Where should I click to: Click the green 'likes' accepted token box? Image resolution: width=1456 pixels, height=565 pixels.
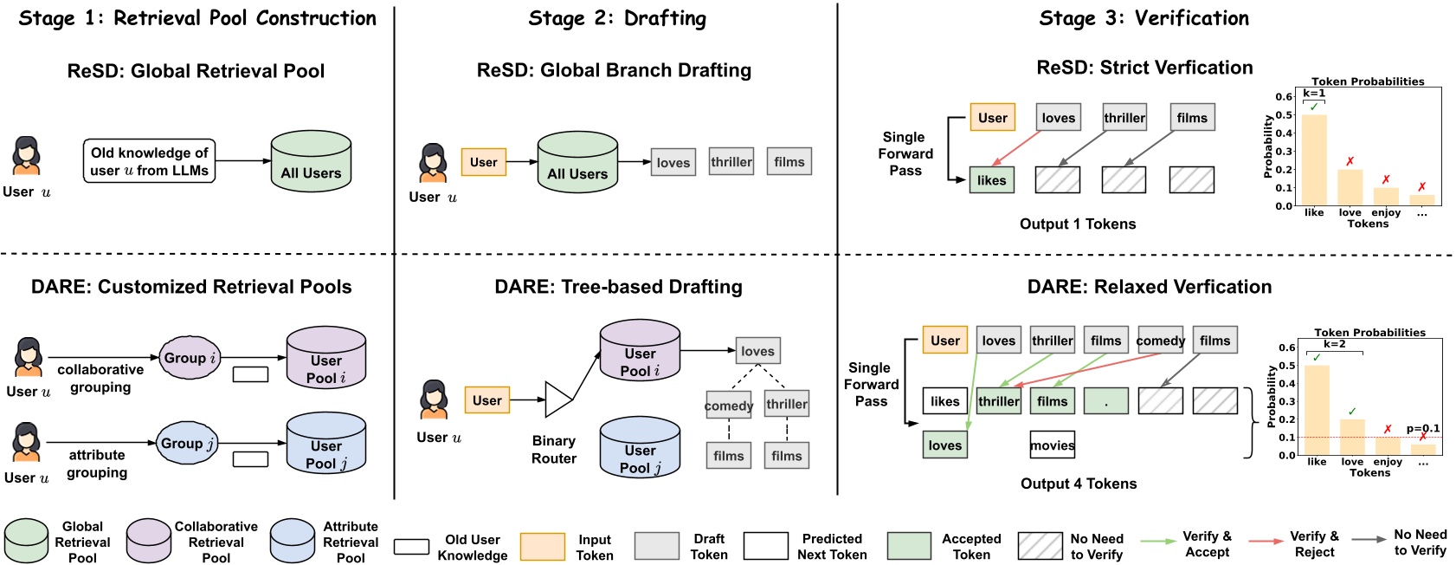pyautogui.click(x=991, y=180)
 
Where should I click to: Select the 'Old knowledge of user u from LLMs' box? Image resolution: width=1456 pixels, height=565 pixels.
pyautogui.click(x=149, y=161)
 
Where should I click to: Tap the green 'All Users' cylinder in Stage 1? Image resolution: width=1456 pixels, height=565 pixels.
pyautogui.click(x=311, y=162)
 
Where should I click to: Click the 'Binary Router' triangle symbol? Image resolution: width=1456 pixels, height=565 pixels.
pyautogui.click(x=557, y=399)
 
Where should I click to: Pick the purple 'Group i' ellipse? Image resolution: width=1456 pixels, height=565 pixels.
pyautogui.click(x=190, y=358)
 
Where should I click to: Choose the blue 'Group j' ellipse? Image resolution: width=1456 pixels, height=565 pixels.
pyautogui.click(x=187, y=444)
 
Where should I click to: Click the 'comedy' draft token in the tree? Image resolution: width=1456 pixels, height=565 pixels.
pyautogui.click(x=728, y=405)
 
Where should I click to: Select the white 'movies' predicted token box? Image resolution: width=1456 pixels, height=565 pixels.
pyautogui.click(x=1052, y=445)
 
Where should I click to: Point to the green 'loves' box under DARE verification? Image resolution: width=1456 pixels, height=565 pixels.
pyautogui.click(x=944, y=445)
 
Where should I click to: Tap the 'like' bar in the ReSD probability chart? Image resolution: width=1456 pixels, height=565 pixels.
pyautogui.click(x=1314, y=160)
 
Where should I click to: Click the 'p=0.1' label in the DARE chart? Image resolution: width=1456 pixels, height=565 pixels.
pyautogui.click(x=1423, y=428)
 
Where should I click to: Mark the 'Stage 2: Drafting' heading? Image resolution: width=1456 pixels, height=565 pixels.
pyautogui.click(x=616, y=18)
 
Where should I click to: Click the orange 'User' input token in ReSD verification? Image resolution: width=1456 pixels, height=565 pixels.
pyautogui.click(x=992, y=118)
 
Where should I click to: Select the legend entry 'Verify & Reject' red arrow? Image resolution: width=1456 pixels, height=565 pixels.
pyautogui.click(x=1266, y=541)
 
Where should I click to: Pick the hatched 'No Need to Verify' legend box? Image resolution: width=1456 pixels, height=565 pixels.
pyautogui.click(x=1040, y=546)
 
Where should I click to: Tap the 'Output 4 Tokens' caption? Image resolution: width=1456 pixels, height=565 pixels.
pyautogui.click(x=1078, y=484)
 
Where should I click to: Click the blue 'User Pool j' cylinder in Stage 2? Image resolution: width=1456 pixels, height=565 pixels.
pyautogui.click(x=640, y=448)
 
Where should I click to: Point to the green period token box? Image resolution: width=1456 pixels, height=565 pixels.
pyautogui.click(x=1105, y=400)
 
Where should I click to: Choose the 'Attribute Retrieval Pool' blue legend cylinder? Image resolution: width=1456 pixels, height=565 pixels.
pyautogui.click(x=293, y=541)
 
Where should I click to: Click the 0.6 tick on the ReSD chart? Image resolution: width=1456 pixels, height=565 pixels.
pyautogui.click(x=1283, y=96)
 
